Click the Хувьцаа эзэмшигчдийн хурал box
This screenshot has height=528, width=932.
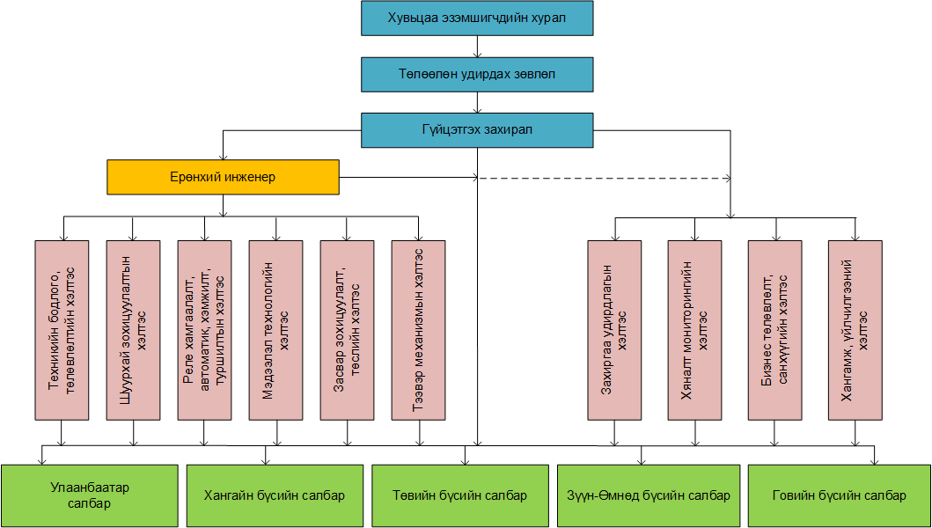(477, 18)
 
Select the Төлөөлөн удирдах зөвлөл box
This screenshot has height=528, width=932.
(477, 75)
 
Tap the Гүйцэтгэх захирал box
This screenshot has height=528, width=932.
(477, 129)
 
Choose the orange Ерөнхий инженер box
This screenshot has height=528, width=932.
(224, 177)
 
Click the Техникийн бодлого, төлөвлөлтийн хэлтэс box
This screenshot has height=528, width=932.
(62, 330)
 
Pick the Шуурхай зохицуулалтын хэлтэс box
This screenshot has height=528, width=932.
(133, 330)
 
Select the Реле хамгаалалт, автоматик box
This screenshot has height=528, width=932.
(204, 330)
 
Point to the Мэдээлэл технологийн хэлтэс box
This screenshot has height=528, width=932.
(276, 330)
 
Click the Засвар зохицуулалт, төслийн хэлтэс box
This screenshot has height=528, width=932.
(348, 330)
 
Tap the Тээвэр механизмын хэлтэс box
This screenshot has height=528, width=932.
(419, 330)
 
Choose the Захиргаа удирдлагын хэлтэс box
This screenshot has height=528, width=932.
(615, 330)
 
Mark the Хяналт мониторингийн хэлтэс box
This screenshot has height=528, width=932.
(694, 330)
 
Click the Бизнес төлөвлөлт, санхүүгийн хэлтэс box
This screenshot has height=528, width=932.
(774, 330)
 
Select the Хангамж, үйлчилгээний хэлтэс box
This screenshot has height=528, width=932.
(855, 330)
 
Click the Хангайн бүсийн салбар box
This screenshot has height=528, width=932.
(274, 495)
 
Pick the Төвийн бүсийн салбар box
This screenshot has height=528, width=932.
(459, 495)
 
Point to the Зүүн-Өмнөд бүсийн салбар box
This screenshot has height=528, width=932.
(646, 495)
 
